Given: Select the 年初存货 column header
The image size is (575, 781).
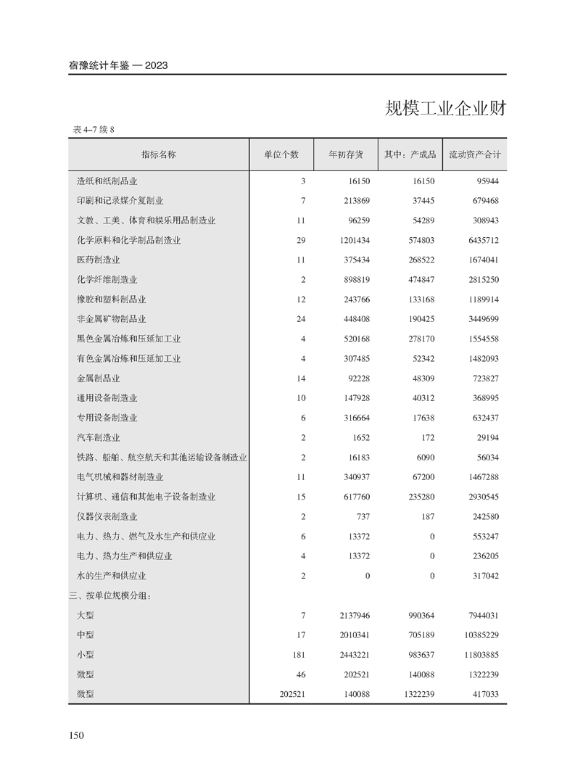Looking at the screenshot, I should coord(346,154).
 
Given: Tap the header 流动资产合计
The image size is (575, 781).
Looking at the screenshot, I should coord(475,154).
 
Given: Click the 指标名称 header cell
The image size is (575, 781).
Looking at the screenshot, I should coord(159,154).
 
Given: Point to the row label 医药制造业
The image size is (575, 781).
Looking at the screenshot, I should coord(99,260).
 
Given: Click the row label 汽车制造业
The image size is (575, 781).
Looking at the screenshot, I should coord(99,437).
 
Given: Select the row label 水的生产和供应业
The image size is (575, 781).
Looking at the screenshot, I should coord(112,576).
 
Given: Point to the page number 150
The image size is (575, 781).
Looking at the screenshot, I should coord(77,736).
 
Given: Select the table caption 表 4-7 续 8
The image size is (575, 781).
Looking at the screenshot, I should coord(94,130).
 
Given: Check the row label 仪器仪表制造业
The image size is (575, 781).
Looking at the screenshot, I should coord(107,516).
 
